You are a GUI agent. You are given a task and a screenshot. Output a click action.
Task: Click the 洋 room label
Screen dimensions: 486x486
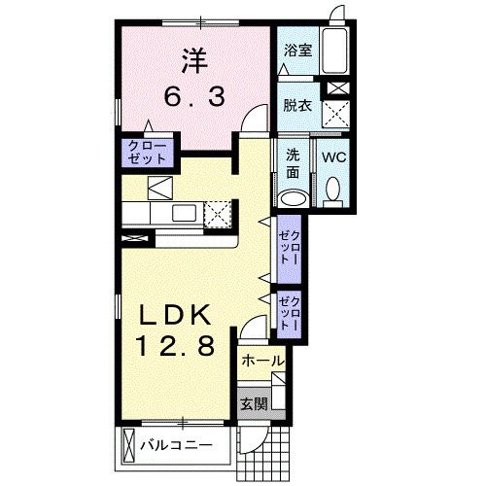192,61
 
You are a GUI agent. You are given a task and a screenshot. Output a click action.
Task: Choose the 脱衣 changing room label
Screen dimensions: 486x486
297,105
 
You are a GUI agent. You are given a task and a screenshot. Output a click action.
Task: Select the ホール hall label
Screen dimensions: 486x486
261,361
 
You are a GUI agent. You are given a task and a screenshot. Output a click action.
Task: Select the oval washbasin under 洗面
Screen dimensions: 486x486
292,199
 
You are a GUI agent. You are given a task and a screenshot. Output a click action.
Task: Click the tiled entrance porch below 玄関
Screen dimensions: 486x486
263,449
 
